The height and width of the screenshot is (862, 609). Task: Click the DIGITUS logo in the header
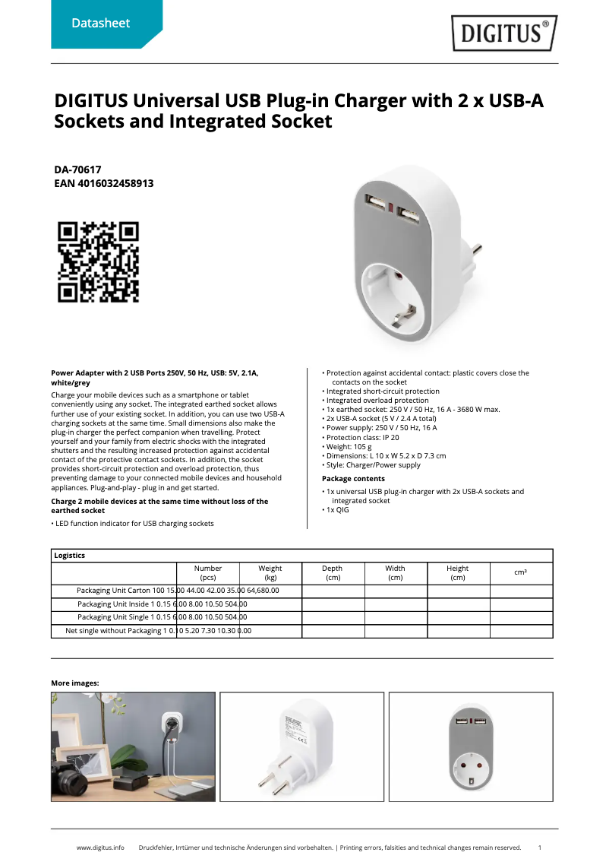click(503, 33)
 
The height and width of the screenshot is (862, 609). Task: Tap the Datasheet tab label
click(100, 24)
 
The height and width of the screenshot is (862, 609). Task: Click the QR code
click(99, 261)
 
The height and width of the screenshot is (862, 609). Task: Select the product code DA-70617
click(77, 170)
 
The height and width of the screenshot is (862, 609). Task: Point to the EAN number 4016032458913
click(104, 184)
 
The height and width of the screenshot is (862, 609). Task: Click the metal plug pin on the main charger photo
click(476, 249)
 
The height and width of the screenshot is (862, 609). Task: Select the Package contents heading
click(353, 478)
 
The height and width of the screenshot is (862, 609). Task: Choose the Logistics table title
click(70, 556)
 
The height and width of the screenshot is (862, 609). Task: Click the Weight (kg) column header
click(270, 572)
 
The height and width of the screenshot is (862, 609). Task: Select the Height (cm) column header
click(457, 572)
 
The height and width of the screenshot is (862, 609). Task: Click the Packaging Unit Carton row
click(177, 590)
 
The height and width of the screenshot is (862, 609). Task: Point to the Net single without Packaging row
click(158, 630)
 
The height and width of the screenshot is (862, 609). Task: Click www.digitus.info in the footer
click(100, 847)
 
